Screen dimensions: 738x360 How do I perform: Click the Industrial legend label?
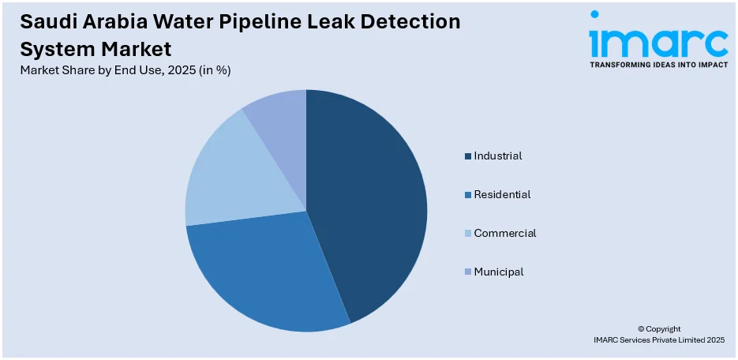point(498,156)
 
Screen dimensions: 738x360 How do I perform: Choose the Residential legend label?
point(502,195)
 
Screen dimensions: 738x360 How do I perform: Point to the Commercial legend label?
point(505,234)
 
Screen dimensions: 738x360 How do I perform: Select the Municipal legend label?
point(499,272)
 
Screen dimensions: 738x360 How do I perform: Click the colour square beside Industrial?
point(468,156)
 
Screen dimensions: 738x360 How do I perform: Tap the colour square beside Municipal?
point(468,272)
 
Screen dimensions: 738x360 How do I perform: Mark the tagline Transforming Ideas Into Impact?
point(658,65)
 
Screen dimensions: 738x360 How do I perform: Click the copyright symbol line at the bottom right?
point(658,329)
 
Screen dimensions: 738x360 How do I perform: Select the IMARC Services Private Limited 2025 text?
point(658,340)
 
